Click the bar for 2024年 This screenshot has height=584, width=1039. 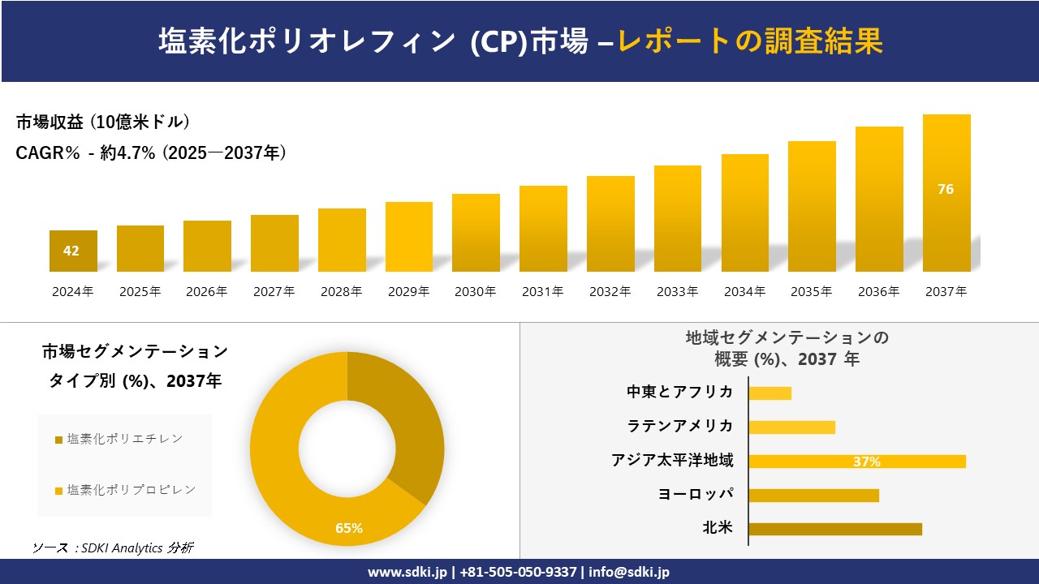click(x=73, y=251)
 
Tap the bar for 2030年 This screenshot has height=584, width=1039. click(x=476, y=233)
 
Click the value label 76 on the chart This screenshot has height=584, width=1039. click(x=946, y=189)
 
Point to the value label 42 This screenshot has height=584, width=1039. click(x=71, y=251)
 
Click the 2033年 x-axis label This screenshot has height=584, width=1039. click(x=677, y=292)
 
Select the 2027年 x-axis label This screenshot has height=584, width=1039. click(x=274, y=292)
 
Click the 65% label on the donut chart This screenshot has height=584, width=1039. click(x=349, y=528)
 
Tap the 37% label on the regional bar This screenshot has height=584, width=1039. click(x=866, y=462)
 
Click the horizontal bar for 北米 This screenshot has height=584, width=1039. click(x=834, y=529)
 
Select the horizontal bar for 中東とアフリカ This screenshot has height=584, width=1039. click(x=770, y=393)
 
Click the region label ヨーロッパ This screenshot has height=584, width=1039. click(x=696, y=494)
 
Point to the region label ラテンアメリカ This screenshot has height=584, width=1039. click(x=679, y=426)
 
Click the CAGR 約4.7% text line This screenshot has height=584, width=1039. click(x=151, y=153)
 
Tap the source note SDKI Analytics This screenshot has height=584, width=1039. click(x=113, y=547)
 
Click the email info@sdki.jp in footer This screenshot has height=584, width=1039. click(x=629, y=572)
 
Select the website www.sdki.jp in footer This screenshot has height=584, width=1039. click(x=407, y=572)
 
